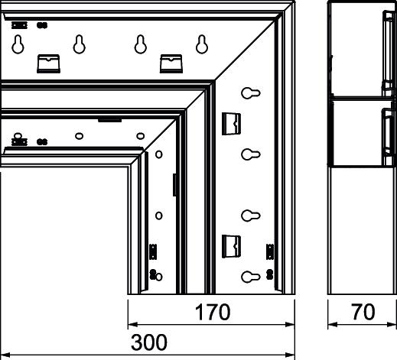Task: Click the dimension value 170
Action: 213,312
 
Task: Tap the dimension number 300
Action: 149,342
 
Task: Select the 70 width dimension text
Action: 363,312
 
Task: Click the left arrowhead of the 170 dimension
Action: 132,324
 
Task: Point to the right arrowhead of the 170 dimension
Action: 290,324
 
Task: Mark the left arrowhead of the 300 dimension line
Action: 5,355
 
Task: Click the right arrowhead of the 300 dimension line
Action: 290,355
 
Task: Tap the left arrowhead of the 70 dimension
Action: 333,324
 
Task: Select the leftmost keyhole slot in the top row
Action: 18,44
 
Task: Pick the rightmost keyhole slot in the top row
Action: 202,44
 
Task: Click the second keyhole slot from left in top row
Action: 80,44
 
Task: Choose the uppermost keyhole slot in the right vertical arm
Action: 251,93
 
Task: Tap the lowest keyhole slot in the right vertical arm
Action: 251,277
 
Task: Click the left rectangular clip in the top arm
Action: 48,63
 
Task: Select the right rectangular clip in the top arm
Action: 171,63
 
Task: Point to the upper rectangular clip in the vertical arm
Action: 231,124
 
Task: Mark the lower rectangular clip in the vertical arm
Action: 231,246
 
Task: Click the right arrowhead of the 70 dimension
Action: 392,324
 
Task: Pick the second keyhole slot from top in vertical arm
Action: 251,154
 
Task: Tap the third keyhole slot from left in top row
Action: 141,44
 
